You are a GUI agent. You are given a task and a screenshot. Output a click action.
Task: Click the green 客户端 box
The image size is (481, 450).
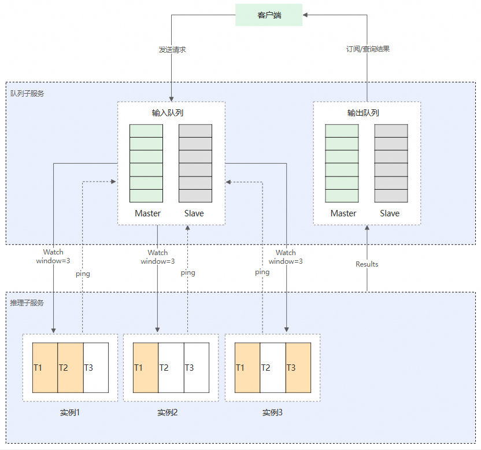[269, 14]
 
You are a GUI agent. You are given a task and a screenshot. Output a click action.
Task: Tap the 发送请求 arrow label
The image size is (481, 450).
[172, 49]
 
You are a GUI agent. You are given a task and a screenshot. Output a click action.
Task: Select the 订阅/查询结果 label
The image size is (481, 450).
[368, 49]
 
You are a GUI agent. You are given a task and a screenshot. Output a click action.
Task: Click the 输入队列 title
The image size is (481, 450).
[168, 113]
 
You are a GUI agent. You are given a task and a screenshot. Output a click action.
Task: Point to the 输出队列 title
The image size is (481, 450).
[363, 113]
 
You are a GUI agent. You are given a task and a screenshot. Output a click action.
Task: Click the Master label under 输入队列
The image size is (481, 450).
[147, 213]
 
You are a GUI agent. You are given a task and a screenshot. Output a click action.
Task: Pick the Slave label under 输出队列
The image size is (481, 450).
[390, 213]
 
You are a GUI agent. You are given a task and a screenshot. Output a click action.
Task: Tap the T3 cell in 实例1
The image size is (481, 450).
[96, 367]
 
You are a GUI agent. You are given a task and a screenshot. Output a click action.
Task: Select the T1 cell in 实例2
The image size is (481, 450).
[146, 367]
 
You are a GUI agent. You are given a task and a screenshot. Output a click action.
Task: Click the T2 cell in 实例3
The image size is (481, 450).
[273, 367]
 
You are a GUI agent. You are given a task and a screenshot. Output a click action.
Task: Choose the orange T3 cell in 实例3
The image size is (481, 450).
[298, 367]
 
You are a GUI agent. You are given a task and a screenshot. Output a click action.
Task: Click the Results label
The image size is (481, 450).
[367, 264]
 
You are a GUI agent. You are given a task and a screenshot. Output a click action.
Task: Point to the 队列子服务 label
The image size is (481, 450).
[27, 93]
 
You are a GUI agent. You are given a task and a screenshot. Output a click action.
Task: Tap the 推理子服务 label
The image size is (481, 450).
[27, 303]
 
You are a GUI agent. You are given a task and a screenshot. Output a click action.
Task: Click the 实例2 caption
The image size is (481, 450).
[168, 412]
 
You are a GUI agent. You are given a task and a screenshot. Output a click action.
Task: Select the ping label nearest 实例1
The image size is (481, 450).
[83, 274]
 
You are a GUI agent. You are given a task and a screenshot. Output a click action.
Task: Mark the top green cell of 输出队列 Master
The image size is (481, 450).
[342, 131]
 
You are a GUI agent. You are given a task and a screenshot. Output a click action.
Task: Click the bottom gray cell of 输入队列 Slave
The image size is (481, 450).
[195, 196]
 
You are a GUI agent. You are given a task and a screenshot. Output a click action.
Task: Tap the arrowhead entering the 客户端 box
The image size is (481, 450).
[305, 14]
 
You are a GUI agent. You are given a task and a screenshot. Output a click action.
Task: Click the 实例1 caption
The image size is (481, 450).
[69, 412]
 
